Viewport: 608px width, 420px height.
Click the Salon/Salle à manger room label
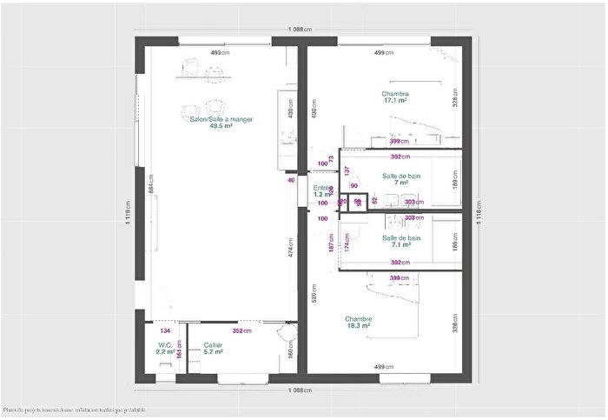(221, 123)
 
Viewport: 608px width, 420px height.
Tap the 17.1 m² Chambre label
(395, 97)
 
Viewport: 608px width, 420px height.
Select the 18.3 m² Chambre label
(358, 322)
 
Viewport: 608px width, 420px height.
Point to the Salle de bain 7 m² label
(401, 179)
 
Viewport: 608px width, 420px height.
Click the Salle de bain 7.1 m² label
(401, 242)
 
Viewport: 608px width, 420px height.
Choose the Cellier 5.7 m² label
(214, 349)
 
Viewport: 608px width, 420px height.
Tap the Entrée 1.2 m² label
(322, 191)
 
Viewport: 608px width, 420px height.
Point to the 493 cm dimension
(219, 53)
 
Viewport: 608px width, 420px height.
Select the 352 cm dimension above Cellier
(241, 330)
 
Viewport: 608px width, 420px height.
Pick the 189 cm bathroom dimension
(455, 183)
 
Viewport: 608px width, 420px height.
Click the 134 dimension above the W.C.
(165, 330)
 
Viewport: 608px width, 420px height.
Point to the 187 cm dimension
(331, 246)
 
